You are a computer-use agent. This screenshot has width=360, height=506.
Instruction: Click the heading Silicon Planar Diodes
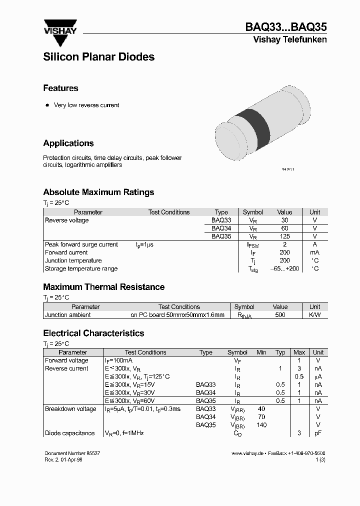(98, 57)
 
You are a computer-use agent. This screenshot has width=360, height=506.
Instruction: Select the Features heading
(60, 88)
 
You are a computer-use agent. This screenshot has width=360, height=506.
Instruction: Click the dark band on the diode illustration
(252, 125)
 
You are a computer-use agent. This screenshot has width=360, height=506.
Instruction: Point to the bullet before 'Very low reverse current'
(47, 105)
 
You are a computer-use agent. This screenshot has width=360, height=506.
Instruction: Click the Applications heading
(68, 143)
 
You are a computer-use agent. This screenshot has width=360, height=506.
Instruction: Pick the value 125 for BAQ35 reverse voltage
(284, 236)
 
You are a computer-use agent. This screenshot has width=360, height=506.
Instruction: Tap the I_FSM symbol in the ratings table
(253, 245)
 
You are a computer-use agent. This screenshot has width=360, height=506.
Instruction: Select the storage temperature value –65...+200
(284, 269)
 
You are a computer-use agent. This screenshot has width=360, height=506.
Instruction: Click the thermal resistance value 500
(280, 315)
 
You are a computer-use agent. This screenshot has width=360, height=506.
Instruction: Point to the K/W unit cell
(314, 315)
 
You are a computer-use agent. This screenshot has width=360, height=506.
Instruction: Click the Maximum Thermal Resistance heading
(103, 287)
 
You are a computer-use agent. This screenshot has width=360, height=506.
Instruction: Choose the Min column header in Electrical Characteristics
(261, 352)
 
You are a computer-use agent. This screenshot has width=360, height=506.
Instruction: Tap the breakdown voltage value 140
(261, 425)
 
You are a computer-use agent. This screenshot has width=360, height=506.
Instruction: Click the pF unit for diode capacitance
(317, 433)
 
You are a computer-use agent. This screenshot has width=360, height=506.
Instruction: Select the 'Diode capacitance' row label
(69, 433)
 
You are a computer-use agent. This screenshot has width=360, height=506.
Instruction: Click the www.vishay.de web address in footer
(247, 452)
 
